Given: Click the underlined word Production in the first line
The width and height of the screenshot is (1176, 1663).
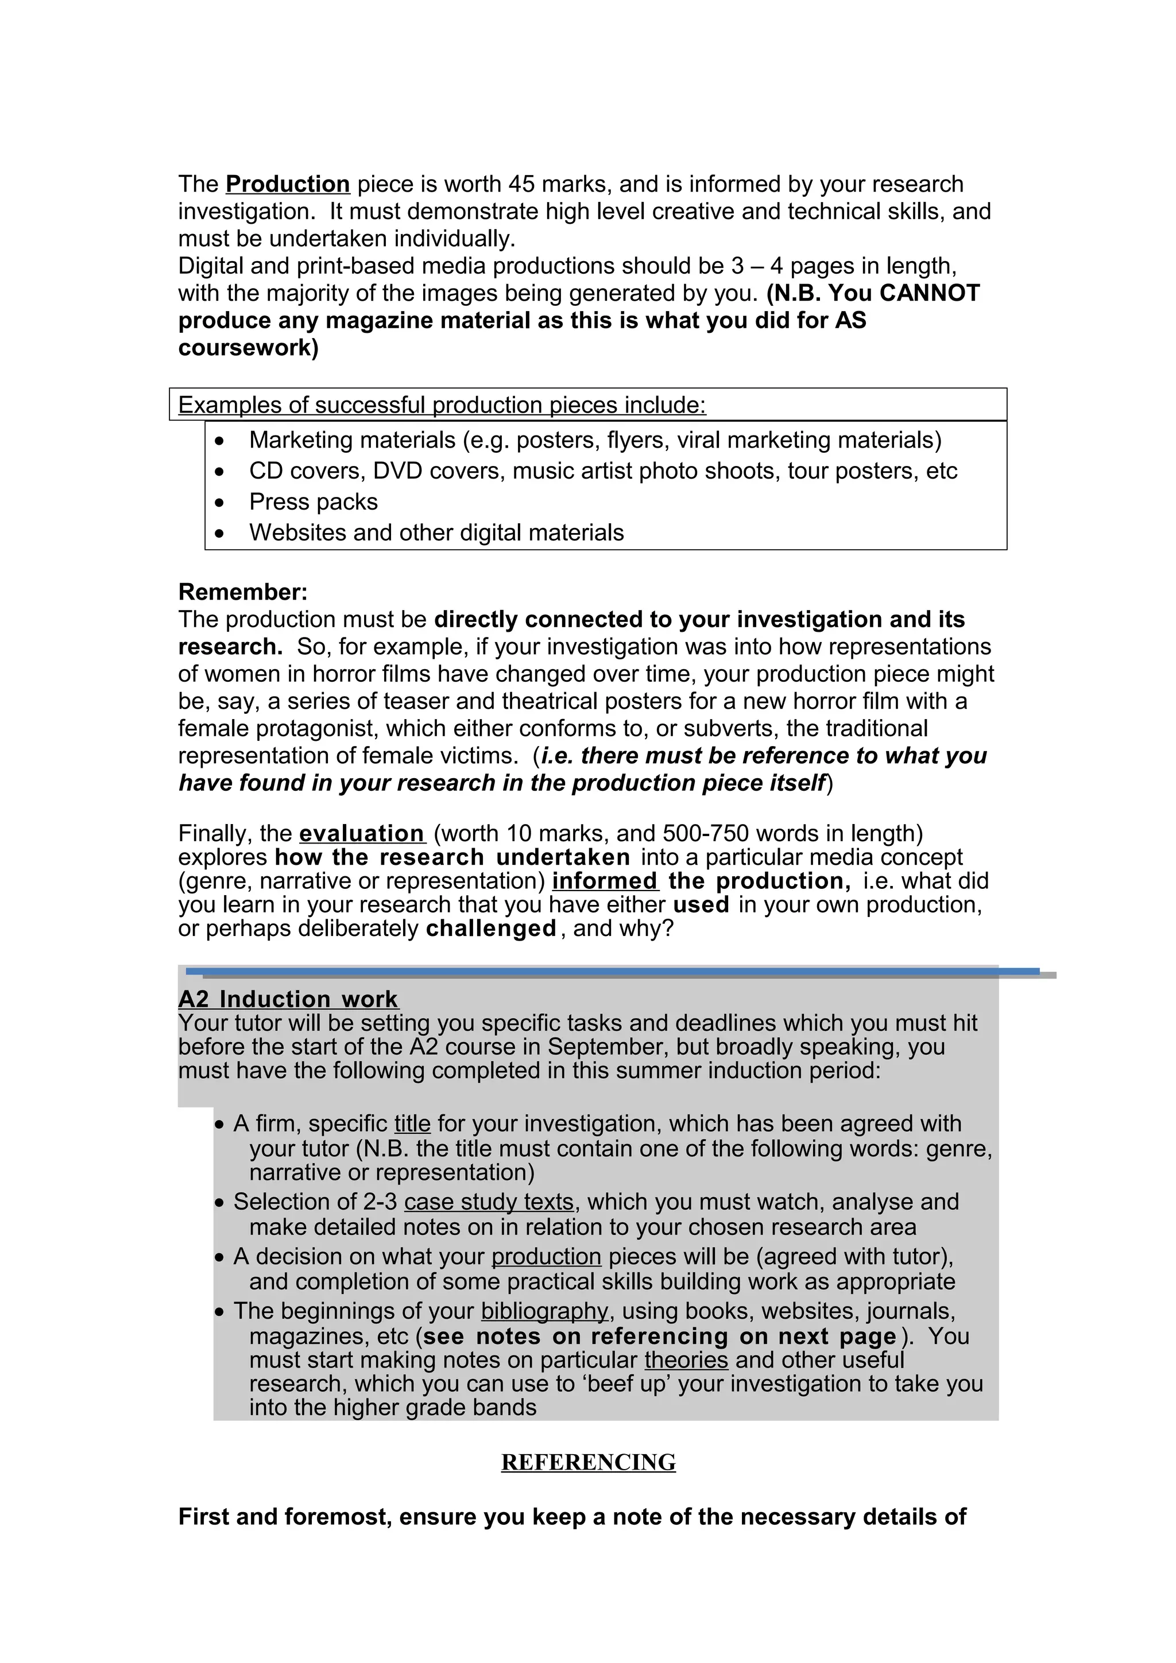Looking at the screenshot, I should [288, 184].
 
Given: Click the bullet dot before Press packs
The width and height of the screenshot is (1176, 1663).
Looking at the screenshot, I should [220, 502].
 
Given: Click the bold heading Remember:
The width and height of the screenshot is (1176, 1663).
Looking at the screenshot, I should [243, 592].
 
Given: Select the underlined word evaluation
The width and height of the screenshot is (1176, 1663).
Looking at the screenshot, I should [362, 834].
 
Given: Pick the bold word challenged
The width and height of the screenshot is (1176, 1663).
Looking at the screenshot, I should [490, 928].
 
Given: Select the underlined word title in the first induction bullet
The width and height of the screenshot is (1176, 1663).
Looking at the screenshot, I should [412, 1124].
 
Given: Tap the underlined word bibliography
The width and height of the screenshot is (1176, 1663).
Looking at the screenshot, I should [544, 1311].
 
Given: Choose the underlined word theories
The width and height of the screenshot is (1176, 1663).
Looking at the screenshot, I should [686, 1359].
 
